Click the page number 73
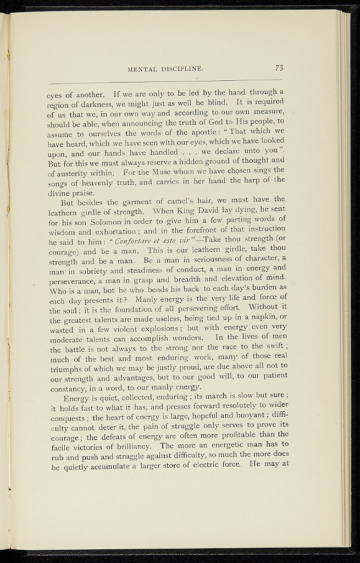(x=279, y=68)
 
